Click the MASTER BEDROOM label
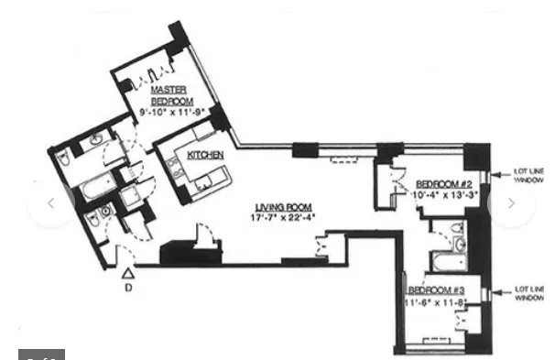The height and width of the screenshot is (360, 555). [x=169, y=94]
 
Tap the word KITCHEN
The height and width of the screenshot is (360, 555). [x=205, y=156]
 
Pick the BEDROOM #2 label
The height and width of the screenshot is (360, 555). [x=436, y=182]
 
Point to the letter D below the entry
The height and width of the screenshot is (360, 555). [x=129, y=285]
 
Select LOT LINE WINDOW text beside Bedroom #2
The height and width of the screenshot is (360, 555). [x=527, y=176]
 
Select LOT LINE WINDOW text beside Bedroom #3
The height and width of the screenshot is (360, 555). [x=528, y=293]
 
